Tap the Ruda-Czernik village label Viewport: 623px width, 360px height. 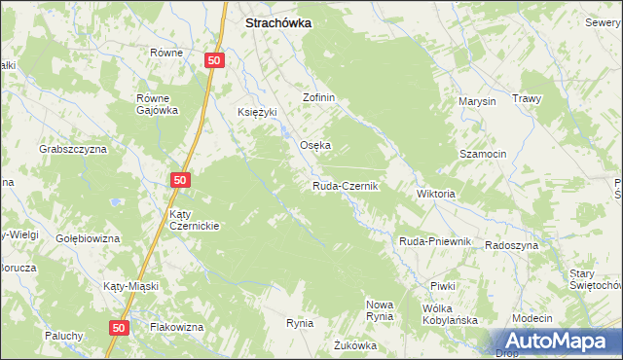click(x=345, y=186)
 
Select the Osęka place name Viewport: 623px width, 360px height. click(x=314, y=146)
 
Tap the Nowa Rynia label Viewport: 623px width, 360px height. click(x=379, y=310)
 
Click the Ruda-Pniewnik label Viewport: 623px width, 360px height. click(x=434, y=241)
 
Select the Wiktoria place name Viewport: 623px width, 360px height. click(x=435, y=195)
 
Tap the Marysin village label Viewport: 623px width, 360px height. click(x=477, y=101)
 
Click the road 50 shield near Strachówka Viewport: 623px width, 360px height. click(x=216, y=60)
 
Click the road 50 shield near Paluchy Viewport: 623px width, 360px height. click(x=119, y=329)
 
